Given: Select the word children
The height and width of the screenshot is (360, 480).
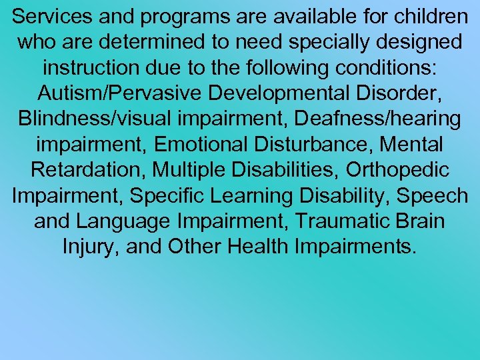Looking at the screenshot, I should (427, 15).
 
